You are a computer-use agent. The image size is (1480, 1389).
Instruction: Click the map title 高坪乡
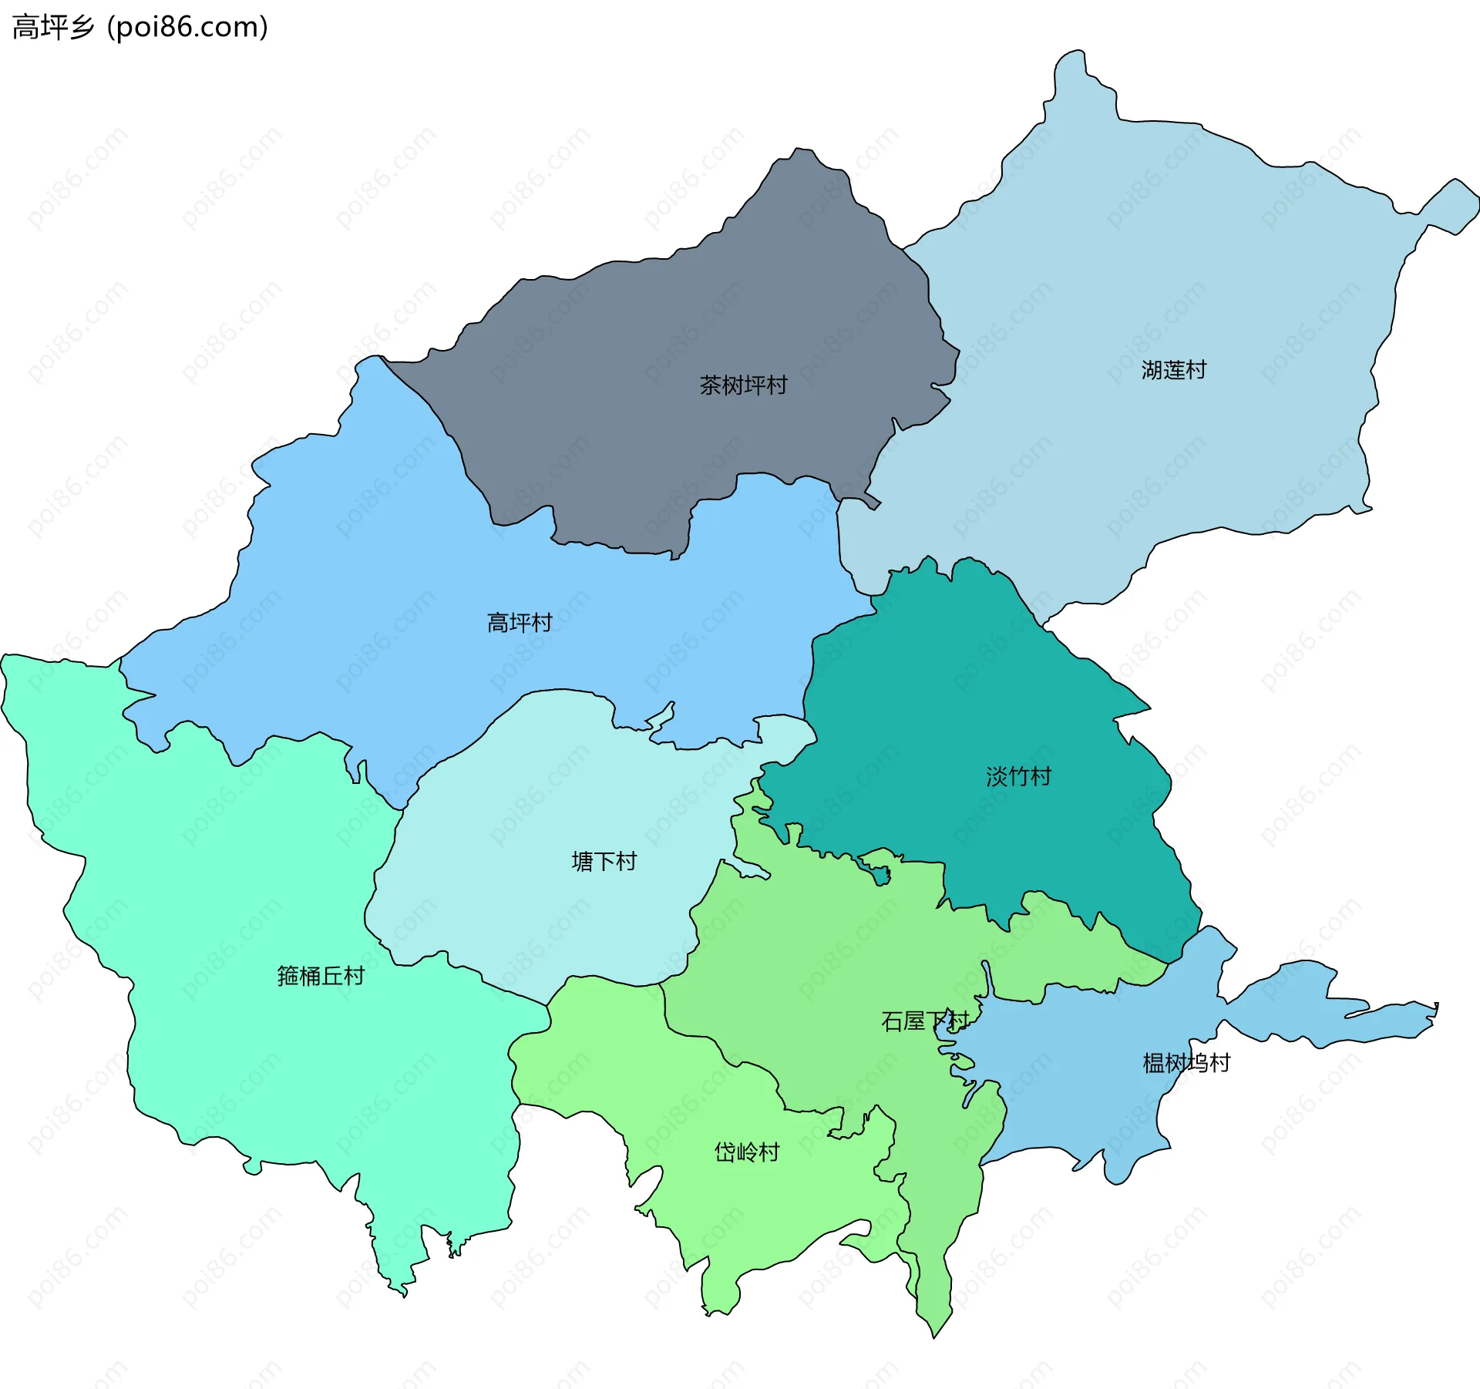click(52, 27)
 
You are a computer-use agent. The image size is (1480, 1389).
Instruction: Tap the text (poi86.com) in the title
click(187, 27)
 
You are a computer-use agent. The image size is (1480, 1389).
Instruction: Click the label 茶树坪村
click(743, 385)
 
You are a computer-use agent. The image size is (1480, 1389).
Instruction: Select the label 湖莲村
click(1173, 371)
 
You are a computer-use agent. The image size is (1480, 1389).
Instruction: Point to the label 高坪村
click(520, 623)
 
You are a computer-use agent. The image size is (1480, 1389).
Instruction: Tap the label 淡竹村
click(1018, 776)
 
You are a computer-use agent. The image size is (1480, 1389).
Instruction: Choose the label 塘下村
click(604, 861)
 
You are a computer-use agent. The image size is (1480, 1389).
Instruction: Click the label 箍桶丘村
click(321, 976)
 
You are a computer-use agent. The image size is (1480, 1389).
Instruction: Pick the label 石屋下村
click(924, 1021)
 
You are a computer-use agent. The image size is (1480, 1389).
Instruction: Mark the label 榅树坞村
click(1186, 1063)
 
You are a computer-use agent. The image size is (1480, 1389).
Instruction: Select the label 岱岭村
click(747, 1152)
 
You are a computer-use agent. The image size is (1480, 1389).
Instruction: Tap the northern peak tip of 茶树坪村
click(802, 153)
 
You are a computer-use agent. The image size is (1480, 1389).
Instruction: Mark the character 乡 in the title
click(81, 27)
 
